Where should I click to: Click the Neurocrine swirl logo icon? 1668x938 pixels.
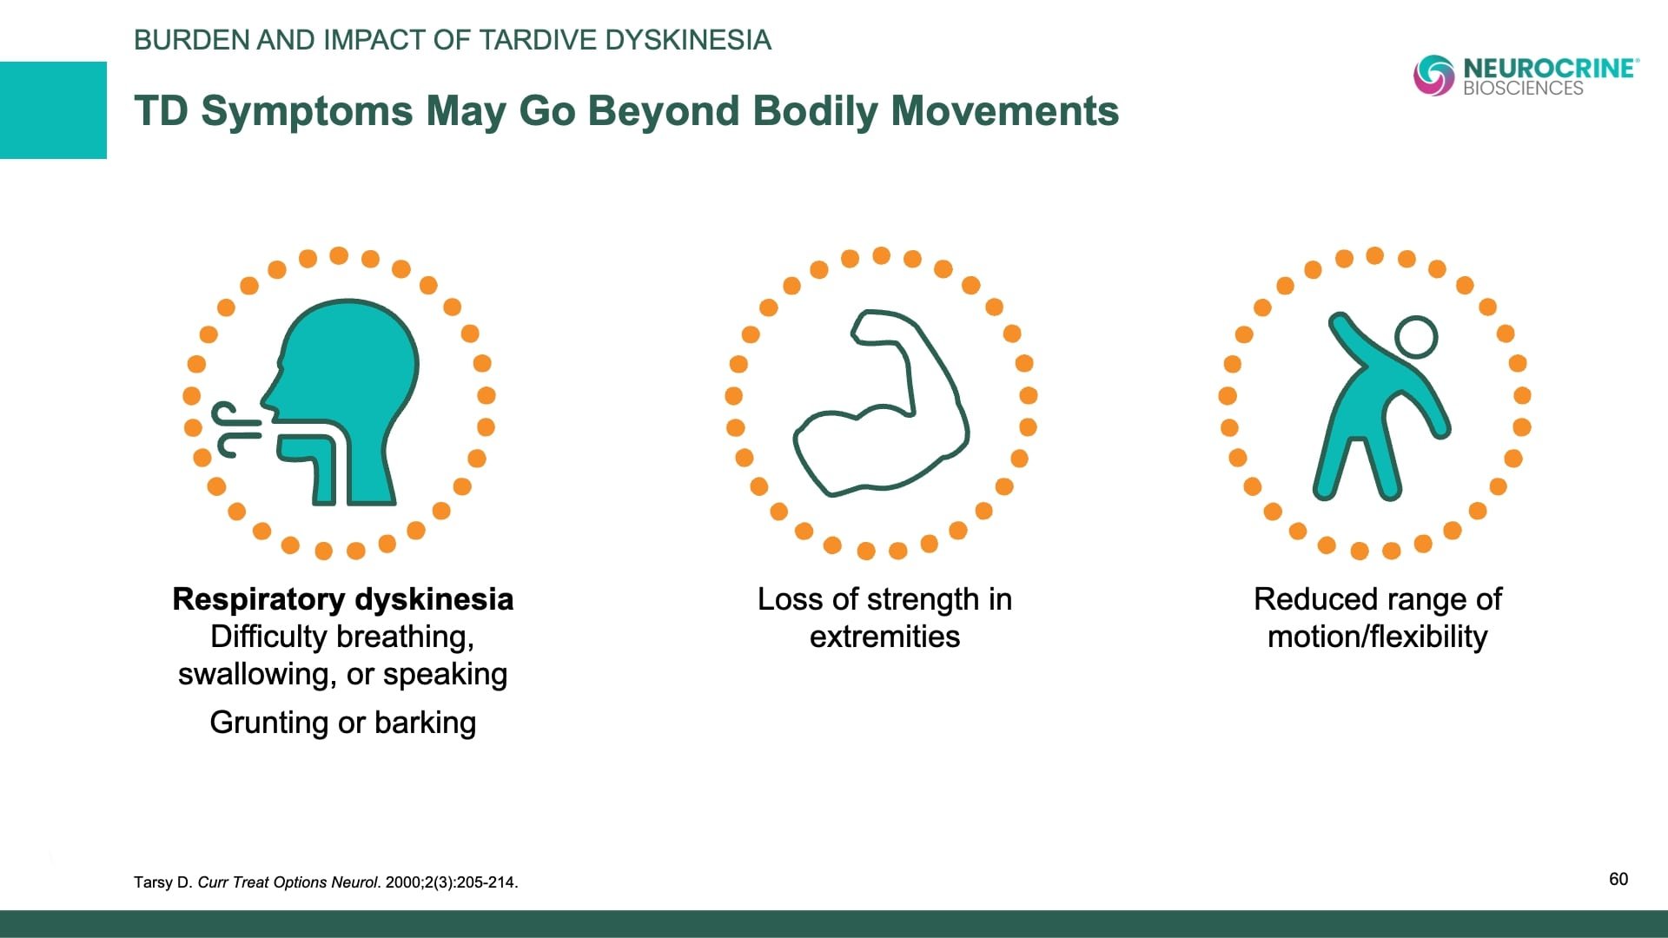[1433, 76]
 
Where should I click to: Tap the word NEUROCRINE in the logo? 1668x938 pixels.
[1550, 69]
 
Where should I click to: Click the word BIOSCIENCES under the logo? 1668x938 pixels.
[1523, 89]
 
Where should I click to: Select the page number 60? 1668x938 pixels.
[1618, 879]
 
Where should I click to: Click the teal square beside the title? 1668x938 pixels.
[53, 110]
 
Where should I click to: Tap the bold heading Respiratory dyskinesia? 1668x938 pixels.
[343, 599]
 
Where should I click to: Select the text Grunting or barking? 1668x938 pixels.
[343, 723]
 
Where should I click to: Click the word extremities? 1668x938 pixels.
[884, 637]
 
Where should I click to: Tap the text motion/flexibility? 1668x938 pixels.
[1377, 637]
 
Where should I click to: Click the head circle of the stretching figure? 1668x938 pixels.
[1416, 337]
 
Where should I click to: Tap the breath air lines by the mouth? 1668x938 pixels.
[235, 430]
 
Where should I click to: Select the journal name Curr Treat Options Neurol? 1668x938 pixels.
[288, 882]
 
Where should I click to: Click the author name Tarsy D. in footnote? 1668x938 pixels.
[162, 882]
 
